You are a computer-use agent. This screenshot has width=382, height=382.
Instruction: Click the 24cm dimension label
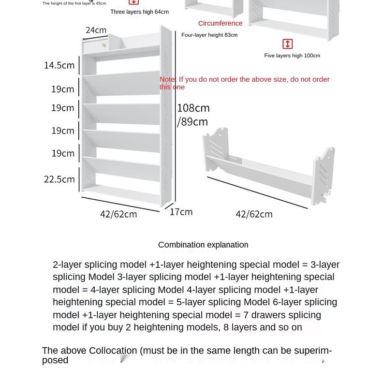pyautogui.click(x=96, y=30)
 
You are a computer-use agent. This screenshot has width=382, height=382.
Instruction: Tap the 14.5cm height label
pyautogui.click(x=59, y=65)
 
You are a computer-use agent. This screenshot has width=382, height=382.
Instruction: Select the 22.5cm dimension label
pyautogui.click(x=59, y=179)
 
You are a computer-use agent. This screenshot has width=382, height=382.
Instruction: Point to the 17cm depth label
pyautogui.click(x=181, y=212)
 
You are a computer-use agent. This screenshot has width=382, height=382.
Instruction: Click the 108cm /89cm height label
pyautogui.click(x=193, y=115)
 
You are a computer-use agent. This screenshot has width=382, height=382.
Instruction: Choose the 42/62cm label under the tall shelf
pyautogui.click(x=118, y=214)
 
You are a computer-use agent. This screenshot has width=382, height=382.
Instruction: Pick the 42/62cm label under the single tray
pyautogui.click(x=254, y=214)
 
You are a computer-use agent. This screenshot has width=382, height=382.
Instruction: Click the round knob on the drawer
pyautogui.click(x=103, y=45)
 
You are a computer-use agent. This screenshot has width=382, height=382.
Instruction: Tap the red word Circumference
pyautogui.click(x=220, y=23)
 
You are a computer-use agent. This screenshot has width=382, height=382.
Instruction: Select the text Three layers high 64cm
pyautogui.click(x=139, y=12)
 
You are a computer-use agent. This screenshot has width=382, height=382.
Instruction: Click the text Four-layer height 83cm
pyautogui.click(x=209, y=35)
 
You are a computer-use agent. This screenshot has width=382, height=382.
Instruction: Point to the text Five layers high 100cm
pyautogui.click(x=292, y=56)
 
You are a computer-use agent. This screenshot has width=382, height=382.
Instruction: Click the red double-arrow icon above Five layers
pyautogui.click(x=287, y=44)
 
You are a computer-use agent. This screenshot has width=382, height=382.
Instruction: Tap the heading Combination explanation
pyautogui.click(x=203, y=245)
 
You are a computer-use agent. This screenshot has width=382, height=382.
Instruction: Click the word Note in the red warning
pyautogui.click(x=167, y=79)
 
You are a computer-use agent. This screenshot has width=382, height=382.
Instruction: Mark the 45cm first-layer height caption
pyautogui.click(x=74, y=3)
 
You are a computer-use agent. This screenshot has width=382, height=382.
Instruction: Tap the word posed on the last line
pyautogui.click(x=55, y=360)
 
